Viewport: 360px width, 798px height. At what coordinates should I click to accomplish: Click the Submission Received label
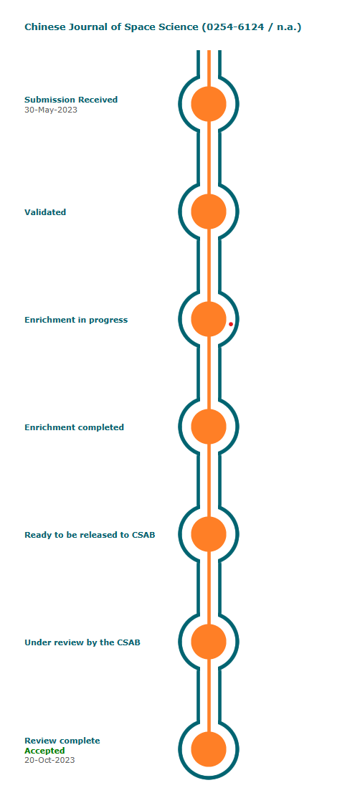71,100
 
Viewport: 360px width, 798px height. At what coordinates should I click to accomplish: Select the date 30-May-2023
51,110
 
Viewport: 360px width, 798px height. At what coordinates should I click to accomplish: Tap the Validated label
45,212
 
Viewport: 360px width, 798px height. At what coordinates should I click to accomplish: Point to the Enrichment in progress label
76,320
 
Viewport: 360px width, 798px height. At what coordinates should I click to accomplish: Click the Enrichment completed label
75,427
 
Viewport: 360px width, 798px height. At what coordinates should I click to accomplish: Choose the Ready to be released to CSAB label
90,535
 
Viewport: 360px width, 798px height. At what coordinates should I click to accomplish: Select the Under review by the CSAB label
82,643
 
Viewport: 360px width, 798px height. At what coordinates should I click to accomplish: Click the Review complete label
62,741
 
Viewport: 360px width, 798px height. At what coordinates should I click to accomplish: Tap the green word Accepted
44,751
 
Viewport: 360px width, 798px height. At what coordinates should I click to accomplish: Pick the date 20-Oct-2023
49,760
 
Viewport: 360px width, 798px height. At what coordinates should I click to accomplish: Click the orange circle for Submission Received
209,104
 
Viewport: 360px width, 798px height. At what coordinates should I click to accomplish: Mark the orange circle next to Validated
209,212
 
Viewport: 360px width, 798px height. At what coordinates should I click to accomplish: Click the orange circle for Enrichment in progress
209,319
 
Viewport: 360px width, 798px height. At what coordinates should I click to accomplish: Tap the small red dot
231,324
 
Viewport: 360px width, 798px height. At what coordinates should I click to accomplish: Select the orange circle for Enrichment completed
209,427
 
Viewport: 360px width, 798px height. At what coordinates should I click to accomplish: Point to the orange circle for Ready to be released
209,534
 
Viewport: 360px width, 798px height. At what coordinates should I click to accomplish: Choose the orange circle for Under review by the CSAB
209,642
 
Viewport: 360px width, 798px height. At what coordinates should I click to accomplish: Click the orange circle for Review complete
209,749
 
